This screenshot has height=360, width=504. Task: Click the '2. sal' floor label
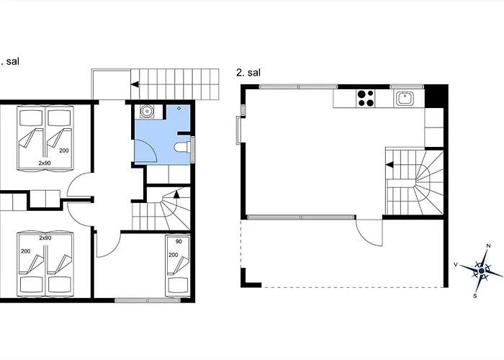click(248, 73)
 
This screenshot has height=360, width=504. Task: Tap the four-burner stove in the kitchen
click(366, 98)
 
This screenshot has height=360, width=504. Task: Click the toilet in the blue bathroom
click(182, 148)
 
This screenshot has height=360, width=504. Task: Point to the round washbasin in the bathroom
click(147, 112)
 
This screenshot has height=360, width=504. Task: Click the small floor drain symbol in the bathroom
click(179, 109)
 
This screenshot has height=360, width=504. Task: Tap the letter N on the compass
click(489, 246)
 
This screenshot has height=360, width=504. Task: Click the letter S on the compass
click(475, 296)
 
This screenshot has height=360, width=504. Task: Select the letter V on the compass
click(456, 264)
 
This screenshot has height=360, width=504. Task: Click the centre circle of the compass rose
click(482, 271)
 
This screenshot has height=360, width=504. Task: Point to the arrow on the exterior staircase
click(135, 84)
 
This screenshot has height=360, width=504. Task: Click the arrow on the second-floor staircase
click(390, 165)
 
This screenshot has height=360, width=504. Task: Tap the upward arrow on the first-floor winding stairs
click(176, 194)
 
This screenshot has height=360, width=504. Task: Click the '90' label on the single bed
click(179, 241)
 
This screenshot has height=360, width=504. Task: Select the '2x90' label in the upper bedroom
click(45, 163)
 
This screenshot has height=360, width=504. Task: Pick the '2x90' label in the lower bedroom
click(45, 238)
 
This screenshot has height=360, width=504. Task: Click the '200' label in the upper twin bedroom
click(64, 150)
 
